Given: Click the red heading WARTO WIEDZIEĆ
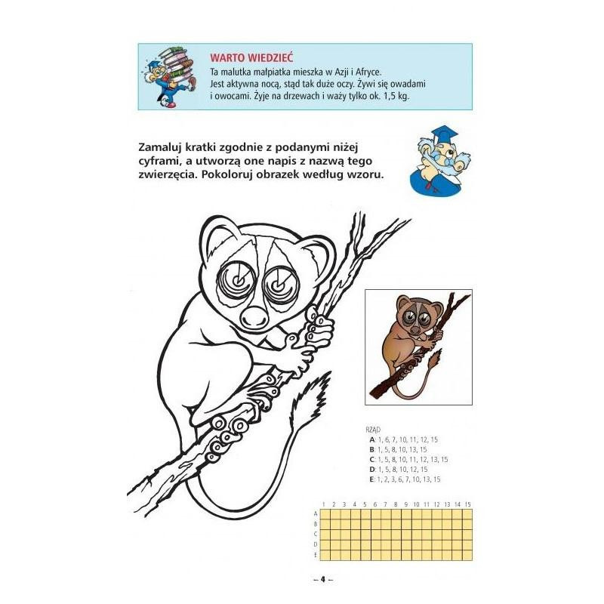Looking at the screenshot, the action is click(x=251, y=58).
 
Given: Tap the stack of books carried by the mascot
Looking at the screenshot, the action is click(x=178, y=64).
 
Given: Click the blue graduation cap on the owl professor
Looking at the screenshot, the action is click(x=444, y=134).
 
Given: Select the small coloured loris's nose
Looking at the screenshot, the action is click(x=414, y=331).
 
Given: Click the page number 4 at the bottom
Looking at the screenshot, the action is click(x=323, y=579).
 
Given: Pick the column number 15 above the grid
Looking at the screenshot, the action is click(x=467, y=504).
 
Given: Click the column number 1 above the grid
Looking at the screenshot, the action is click(x=324, y=504).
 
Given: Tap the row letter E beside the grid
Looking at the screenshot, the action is click(x=316, y=555).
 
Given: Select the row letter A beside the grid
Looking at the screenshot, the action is click(x=316, y=514).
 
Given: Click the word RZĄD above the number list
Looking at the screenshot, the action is click(x=373, y=430).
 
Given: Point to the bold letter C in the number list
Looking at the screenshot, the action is click(x=371, y=460).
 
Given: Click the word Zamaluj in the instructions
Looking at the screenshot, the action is click(x=160, y=147).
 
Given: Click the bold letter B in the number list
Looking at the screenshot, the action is click(x=371, y=449).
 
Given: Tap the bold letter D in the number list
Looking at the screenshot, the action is click(x=371, y=470).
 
